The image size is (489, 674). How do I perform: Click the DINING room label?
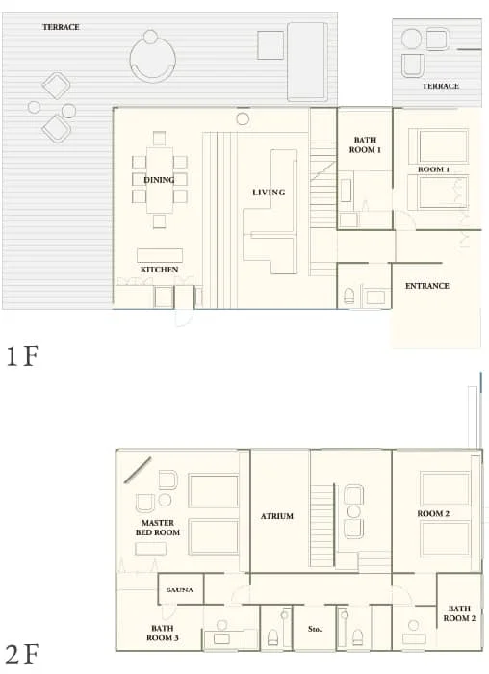[x=159, y=180]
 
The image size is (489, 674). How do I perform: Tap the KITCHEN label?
[x=159, y=270]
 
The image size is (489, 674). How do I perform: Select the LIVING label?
[x=269, y=193]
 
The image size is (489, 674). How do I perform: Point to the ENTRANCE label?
[x=426, y=286]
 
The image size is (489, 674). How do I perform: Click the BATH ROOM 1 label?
[x=365, y=144]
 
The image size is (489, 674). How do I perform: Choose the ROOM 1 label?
[x=432, y=169]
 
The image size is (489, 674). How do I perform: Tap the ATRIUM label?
[x=277, y=516]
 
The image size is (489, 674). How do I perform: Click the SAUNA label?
[x=180, y=589]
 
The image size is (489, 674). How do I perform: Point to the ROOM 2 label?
[x=433, y=514]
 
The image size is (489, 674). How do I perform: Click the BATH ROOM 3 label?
[x=162, y=633]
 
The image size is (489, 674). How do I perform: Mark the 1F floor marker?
[x=21, y=357]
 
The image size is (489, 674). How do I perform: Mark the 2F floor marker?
[x=21, y=655]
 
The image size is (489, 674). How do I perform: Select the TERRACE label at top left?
[x=61, y=27]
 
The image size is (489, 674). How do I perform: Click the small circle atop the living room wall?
[x=243, y=118]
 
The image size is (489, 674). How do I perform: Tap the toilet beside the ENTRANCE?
[x=350, y=296]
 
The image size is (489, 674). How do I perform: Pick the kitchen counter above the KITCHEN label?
[x=159, y=255]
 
